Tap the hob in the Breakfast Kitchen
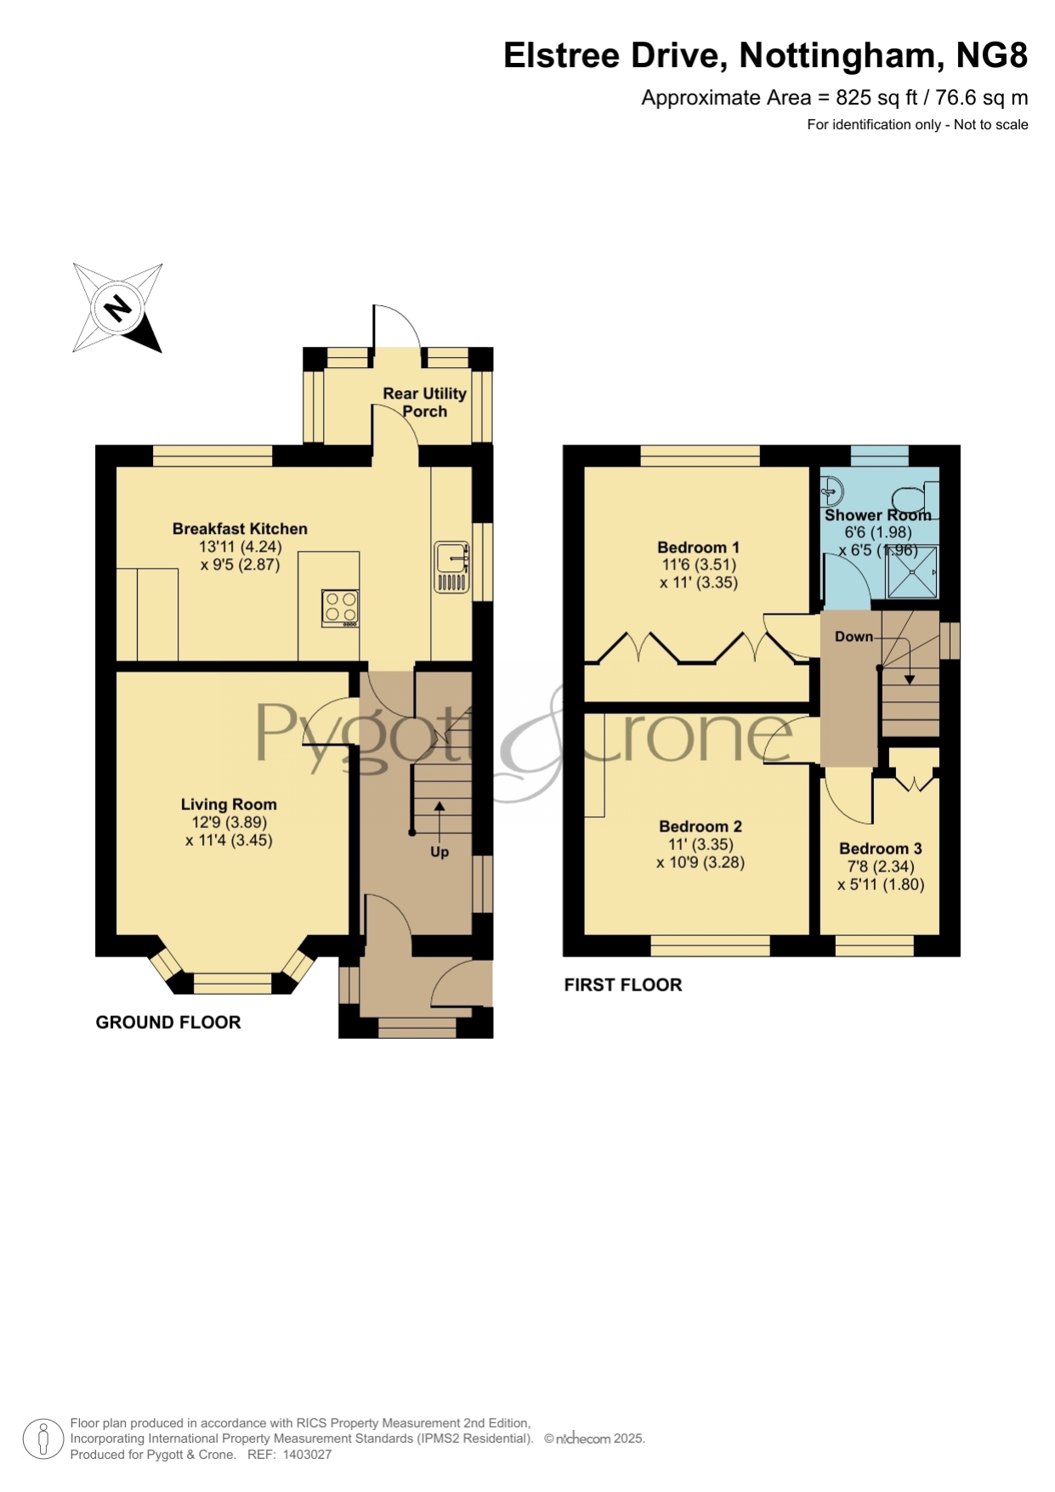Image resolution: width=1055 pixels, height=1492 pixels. [x=340, y=609]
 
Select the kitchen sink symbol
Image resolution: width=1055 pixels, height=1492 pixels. [x=451, y=566]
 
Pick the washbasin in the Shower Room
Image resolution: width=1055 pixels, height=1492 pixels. [x=831, y=490]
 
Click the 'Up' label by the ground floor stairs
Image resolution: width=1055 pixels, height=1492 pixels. [x=440, y=852]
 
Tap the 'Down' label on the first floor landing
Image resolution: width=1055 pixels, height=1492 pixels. [x=854, y=637]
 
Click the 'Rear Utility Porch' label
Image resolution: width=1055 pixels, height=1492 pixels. [x=424, y=402]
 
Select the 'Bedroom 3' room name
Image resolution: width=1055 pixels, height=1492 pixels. [x=881, y=848]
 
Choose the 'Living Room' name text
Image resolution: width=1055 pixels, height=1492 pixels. [x=229, y=804]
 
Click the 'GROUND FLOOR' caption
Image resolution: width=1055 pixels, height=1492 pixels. [x=168, y=1022]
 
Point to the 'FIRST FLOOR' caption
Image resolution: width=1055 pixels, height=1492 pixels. [x=623, y=984]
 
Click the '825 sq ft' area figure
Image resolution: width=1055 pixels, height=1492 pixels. [x=876, y=98]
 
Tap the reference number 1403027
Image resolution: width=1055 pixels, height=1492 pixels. [x=307, y=1455]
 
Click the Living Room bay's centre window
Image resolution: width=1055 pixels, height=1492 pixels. [x=233, y=984]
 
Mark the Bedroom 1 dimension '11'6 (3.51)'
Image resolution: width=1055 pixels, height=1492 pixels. [x=699, y=564]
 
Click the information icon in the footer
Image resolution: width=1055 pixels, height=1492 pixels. [x=43, y=1439]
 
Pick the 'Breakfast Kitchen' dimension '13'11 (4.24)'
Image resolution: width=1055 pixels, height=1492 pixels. [x=240, y=547]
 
